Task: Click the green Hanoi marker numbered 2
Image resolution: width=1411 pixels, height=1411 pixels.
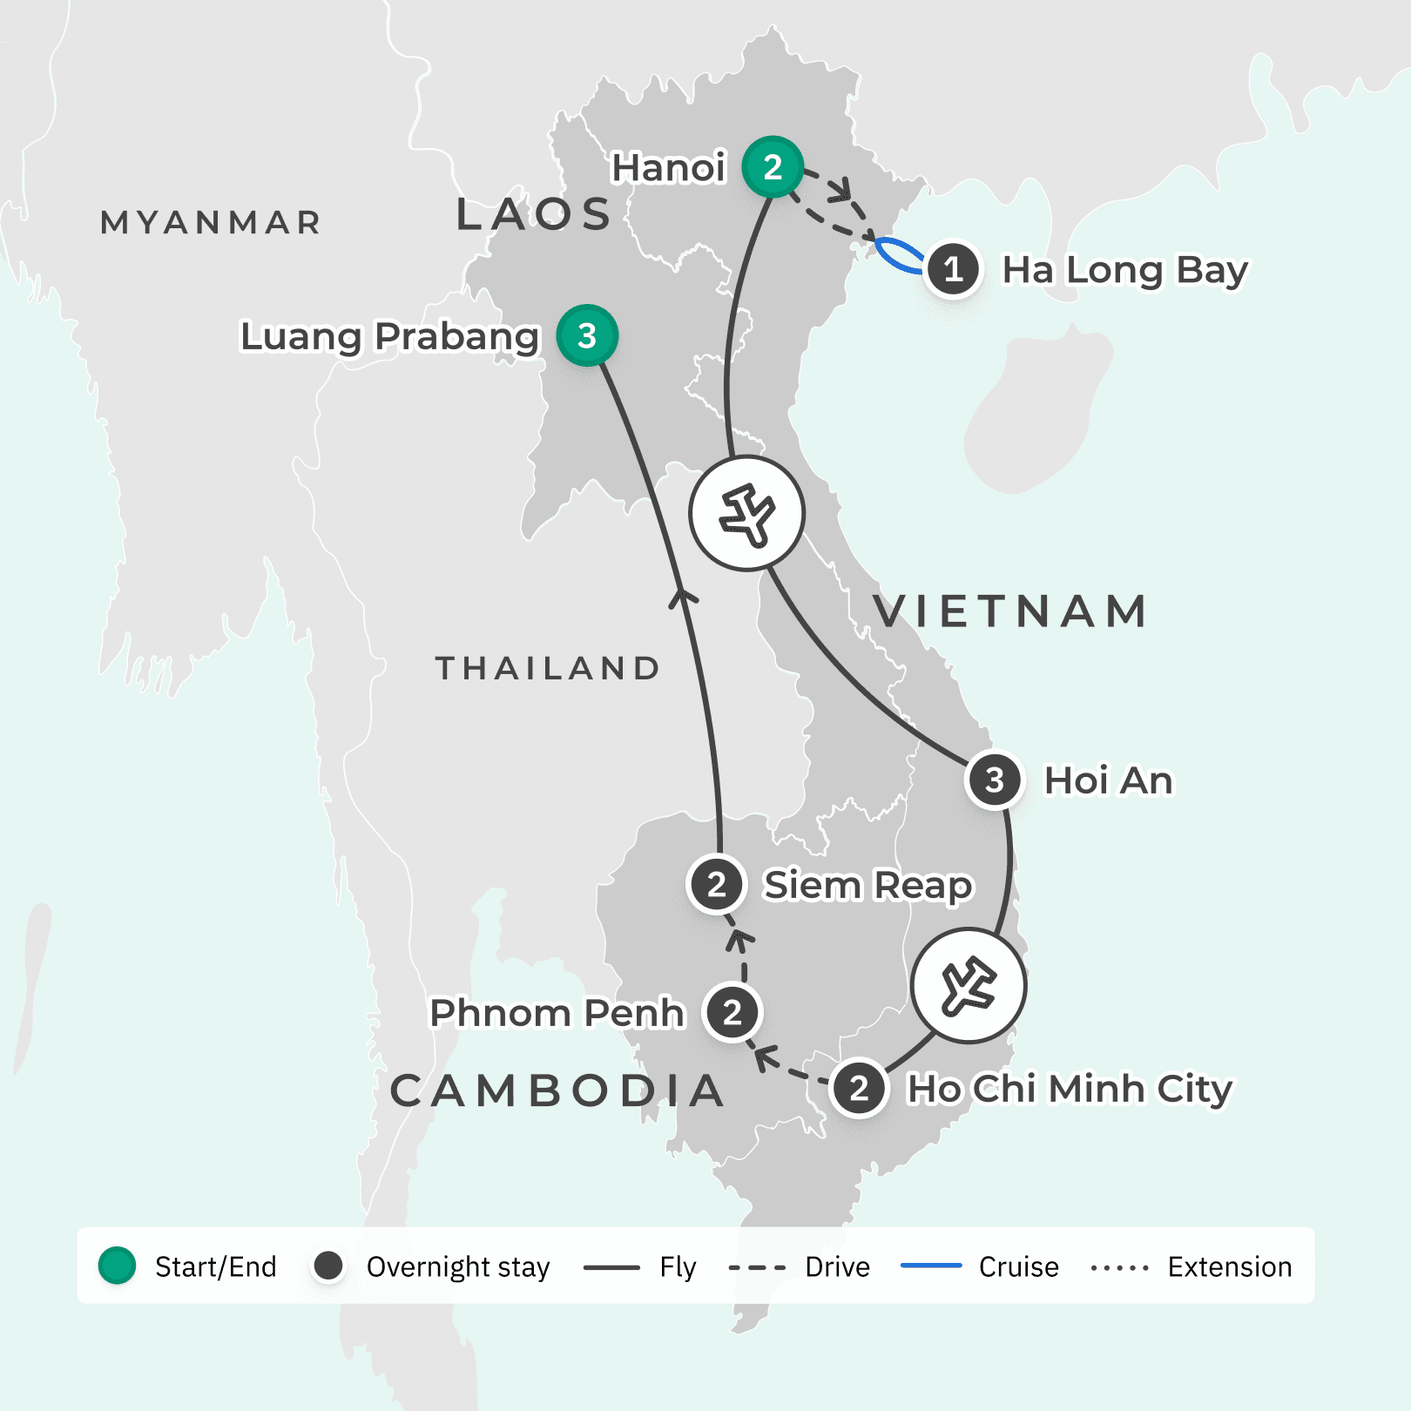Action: click(773, 166)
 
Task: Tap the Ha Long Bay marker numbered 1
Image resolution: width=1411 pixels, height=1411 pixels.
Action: click(953, 269)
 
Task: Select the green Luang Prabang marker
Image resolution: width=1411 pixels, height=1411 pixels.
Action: click(587, 335)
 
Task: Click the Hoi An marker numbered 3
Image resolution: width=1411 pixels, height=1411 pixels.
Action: click(994, 780)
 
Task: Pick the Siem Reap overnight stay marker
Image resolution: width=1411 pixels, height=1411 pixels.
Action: click(716, 884)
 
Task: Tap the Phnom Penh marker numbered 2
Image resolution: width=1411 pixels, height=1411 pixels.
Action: click(733, 1012)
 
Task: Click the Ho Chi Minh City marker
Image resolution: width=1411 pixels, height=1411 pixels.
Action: click(859, 1088)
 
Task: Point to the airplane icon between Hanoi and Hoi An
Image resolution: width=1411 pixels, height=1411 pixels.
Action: click(746, 513)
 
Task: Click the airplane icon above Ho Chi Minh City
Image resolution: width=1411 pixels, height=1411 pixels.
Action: click(969, 986)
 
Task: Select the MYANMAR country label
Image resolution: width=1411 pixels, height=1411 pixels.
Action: click(211, 223)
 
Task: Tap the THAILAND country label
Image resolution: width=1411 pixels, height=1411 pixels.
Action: click(547, 668)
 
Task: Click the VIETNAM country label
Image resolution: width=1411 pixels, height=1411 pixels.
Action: click(1010, 611)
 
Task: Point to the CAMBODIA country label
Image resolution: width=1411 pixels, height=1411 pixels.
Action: click(557, 1090)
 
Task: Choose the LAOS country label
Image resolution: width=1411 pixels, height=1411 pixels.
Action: click(534, 214)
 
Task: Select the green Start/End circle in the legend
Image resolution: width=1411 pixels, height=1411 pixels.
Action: click(117, 1266)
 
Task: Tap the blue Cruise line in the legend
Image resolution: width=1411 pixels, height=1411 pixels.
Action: click(931, 1266)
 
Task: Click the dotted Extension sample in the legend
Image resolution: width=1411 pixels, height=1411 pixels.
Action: click(1120, 1267)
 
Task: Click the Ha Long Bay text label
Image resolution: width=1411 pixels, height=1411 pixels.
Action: click(1124, 270)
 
